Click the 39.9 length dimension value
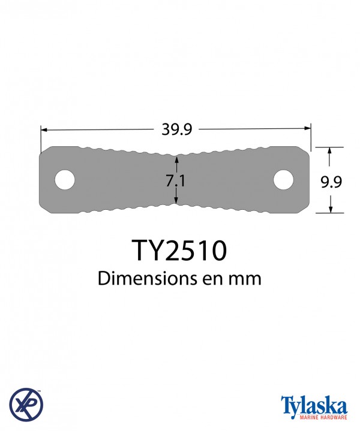coord(176,129)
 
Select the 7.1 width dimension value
coord(176,181)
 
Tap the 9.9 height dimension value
coord(331,182)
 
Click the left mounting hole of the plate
coord(65,180)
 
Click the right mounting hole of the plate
coord(283,180)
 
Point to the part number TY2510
coord(179,250)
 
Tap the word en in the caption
coord(212,279)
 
